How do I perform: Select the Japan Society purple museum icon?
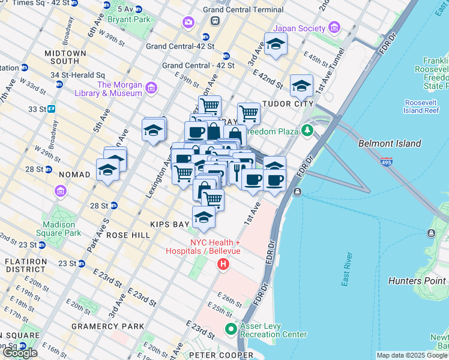[334, 28]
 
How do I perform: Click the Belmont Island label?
[389, 143]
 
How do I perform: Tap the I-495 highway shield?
[387, 161]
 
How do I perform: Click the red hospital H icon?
[223, 263]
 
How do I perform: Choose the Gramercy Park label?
[107, 326]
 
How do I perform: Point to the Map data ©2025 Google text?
[411, 355]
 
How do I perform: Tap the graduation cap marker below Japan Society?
[276, 44]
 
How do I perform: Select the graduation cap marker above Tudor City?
[301, 86]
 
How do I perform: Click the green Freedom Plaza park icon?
[308, 130]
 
